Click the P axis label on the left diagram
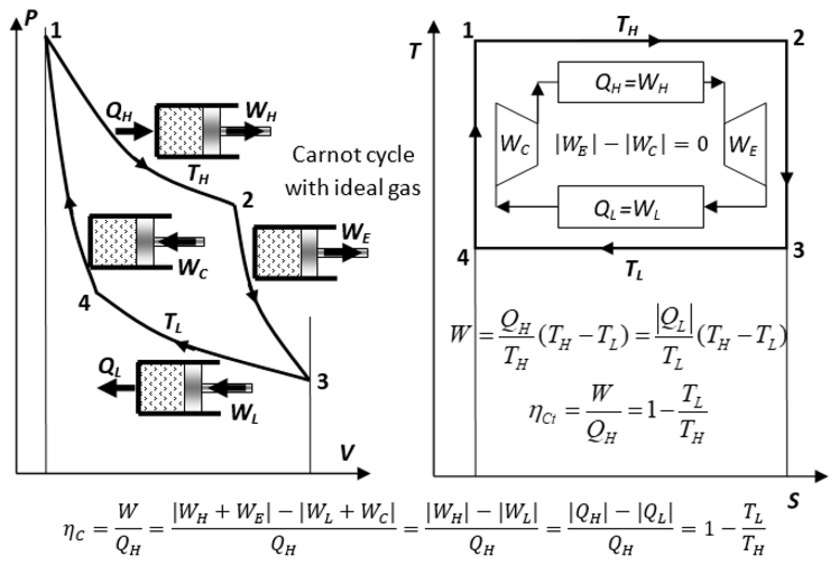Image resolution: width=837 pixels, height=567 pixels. tap(31, 20)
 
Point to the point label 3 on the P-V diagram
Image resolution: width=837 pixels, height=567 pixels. tap(322, 381)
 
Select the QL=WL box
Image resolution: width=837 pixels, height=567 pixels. tap(630, 207)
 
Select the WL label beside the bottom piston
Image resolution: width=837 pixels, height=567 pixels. tap(245, 414)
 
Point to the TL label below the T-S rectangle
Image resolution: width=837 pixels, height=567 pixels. tap(634, 270)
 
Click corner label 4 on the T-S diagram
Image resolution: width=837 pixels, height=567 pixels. tap(463, 258)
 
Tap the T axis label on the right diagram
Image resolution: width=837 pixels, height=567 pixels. tap(415, 52)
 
